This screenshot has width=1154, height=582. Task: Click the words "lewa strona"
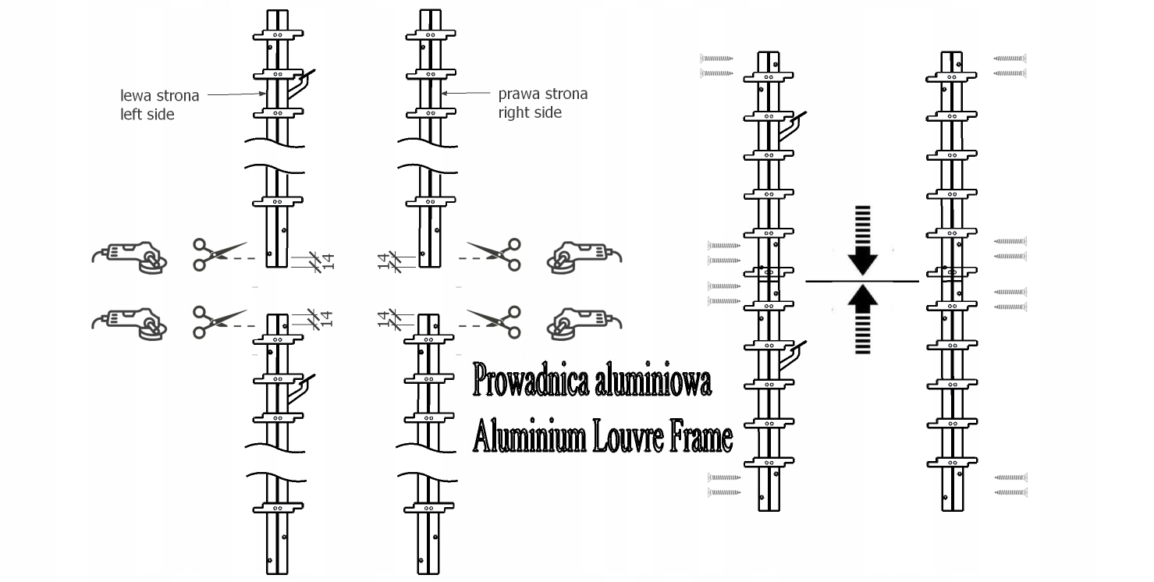pos(159,96)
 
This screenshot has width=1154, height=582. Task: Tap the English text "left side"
pos(147,114)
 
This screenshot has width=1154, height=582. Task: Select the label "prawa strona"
pos(543,94)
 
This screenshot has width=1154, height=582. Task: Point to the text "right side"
pos(530,112)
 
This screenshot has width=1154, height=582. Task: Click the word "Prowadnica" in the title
pos(531,382)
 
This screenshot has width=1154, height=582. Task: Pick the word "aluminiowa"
pos(652,382)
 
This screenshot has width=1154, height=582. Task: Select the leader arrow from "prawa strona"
pos(468,94)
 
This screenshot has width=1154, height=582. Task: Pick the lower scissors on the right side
pos(496,321)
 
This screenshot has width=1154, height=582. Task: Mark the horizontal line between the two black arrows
pos(861,280)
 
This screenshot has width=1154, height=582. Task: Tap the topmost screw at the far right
pos(1010,58)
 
